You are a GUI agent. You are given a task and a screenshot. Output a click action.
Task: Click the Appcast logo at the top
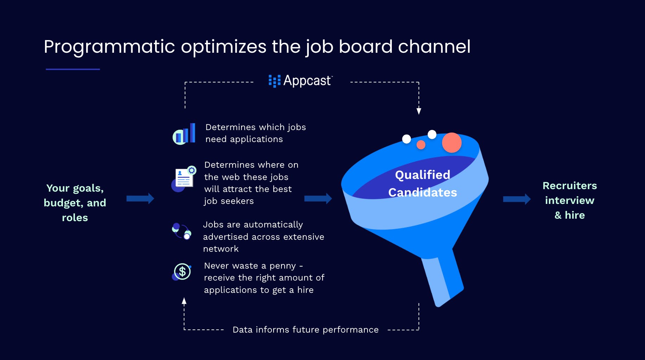coord(300,81)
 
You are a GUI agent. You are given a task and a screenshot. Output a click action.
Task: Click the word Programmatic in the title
coord(109,47)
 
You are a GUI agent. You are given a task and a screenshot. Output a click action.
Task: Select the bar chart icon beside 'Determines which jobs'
coord(184,134)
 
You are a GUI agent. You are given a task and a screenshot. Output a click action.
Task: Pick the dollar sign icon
coord(182,271)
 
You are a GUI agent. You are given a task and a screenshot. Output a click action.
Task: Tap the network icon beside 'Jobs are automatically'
coord(181,231)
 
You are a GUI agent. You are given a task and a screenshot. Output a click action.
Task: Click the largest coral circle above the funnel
coord(452,142)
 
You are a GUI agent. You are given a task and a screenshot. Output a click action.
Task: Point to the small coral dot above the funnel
coord(421,144)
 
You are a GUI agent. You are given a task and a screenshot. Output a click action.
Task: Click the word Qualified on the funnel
coord(422,175)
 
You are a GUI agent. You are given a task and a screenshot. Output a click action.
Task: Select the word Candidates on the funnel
coord(422,192)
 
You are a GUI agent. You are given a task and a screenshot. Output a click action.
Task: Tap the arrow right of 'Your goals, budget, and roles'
coord(140,199)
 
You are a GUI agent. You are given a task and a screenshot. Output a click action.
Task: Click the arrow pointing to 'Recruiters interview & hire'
coord(517,199)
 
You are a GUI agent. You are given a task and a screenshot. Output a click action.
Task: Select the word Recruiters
coord(570,186)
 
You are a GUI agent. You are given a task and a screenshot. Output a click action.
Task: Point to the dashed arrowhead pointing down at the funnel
coord(419,111)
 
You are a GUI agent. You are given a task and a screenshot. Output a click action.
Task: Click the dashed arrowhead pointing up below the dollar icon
coord(184,301)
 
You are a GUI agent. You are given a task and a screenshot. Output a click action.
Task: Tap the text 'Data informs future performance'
coord(306,330)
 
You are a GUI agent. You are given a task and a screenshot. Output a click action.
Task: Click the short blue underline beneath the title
coord(73,69)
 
